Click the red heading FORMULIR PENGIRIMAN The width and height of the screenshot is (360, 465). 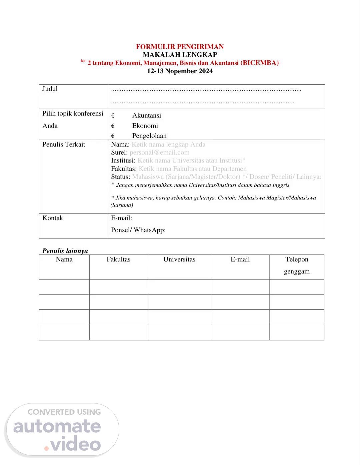click(x=180, y=47)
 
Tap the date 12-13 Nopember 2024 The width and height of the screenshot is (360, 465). click(x=180, y=71)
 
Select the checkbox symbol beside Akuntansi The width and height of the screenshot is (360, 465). click(x=113, y=116)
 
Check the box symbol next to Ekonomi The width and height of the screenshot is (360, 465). click(x=113, y=126)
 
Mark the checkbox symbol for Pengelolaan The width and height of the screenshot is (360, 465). click(x=113, y=136)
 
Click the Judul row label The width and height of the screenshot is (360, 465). click(x=50, y=89)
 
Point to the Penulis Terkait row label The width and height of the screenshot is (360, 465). click(x=64, y=145)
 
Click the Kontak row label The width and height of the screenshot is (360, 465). click(x=53, y=218)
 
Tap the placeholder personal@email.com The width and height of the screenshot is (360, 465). click(x=159, y=153)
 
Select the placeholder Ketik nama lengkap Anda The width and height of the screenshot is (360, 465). click(x=168, y=145)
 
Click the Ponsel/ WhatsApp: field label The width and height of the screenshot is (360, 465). click(x=138, y=230)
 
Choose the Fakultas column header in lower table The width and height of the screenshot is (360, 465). click(x=118, y=259)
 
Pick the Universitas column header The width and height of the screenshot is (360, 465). click(x=179, y=259)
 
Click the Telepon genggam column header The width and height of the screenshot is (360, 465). click(x=297, y=265)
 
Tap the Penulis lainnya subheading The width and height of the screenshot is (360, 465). click(x=65, y=251)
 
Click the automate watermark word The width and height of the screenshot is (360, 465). click(x=57, y=427)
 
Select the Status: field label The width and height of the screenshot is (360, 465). click(x=120, y=177)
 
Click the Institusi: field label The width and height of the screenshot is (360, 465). click(x=123, y=161)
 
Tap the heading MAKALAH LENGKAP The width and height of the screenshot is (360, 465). click(x=180, y=55)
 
